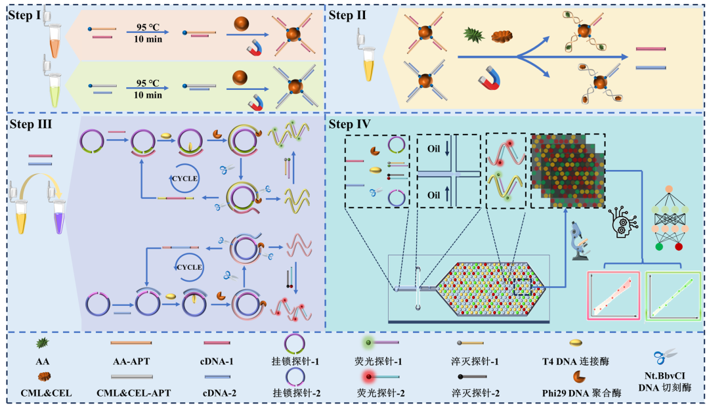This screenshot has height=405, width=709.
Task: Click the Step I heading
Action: (x=26, y=14)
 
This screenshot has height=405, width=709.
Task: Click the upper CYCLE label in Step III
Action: (x=184, y=178)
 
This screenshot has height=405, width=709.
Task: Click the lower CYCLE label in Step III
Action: (x=188, y=266)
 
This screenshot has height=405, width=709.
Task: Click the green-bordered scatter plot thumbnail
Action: (x=672, y=295)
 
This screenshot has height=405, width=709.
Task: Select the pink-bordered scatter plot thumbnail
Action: (x=613, y=295)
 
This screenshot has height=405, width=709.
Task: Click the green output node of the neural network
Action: (x=659, y=246)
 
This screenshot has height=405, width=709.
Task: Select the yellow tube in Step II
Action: (x=368, y=66)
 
